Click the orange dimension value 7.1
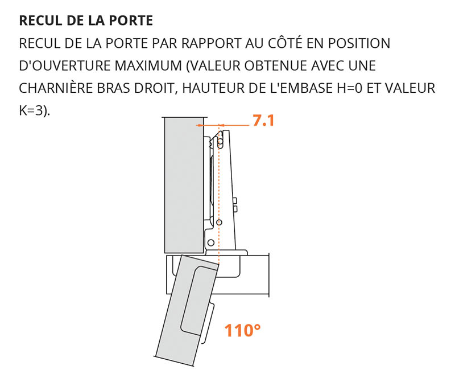click(x=263, y=120)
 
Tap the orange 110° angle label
click(x=243, y=330)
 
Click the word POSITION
click(x=359, y=43)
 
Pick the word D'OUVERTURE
click(x=65, y=65)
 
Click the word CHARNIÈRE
click(x=56, y=88)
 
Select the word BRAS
click(x=114, y=88)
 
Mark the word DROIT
click(x=155, y=88)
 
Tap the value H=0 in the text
click(x=350, y=88)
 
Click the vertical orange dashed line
click(x=219, y=195)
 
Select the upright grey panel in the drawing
click(x=184, y=185)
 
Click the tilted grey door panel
click(x=186, y=310)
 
